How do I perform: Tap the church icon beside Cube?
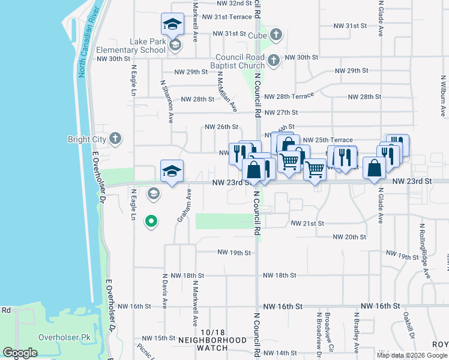coord(276,34)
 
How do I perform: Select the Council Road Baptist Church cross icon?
coord(274,59)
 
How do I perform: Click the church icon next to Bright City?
coord(116,139)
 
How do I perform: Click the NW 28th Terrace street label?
coord(289,97)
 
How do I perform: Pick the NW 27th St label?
coord(281,112)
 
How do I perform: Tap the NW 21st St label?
coord(307,223)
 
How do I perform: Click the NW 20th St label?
coord(343,237)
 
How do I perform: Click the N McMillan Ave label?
coord(228,92)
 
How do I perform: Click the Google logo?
coord(20,353)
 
